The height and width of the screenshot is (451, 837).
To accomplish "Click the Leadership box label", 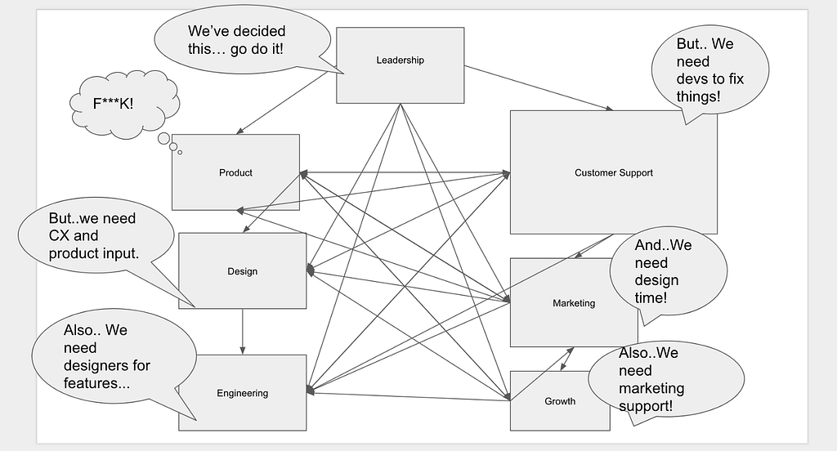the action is point(400,60).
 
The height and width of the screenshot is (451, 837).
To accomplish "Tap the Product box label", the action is point(235,173).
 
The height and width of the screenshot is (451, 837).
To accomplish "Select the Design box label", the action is point(242,271).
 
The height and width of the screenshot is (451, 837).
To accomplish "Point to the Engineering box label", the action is point(242,393).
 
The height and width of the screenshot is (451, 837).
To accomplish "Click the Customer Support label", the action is point(613,173).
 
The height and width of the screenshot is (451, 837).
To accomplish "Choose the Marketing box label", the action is point(574,303).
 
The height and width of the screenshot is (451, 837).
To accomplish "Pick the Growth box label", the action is point(560,401).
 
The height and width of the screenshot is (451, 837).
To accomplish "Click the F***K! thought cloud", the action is point(124,104).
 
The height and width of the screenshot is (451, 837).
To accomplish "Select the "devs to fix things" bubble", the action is point(710,70).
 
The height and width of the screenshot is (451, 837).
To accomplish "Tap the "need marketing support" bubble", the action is point(666,379).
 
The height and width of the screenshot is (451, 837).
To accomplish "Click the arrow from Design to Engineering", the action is point(242,332).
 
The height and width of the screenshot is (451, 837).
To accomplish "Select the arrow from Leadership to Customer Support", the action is point(539,88).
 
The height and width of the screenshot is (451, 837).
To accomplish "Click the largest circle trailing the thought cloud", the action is point(163,138).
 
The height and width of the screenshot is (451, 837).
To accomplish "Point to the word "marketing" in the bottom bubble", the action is point(651,389).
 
